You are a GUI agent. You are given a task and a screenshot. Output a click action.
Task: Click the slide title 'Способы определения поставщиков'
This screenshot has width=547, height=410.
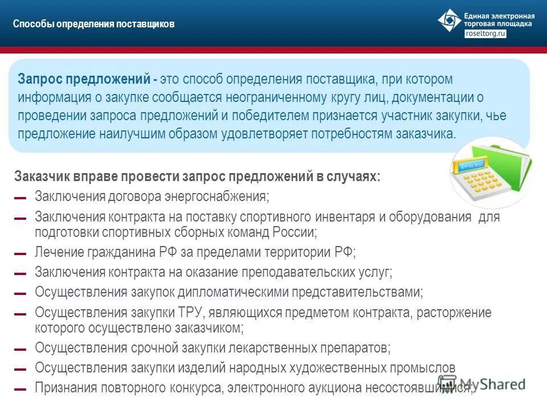[x=93, y=24]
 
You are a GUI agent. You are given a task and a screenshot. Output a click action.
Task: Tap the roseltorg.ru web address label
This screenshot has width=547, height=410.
[x=485, y=34]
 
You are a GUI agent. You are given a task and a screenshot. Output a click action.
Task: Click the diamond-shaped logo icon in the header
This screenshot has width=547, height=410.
[x=449, y=20]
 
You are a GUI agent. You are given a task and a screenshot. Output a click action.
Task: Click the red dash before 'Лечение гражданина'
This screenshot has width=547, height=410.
[x=20, y=254]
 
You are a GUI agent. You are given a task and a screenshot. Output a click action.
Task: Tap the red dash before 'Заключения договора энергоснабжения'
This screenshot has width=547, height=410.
[x=20, y=198]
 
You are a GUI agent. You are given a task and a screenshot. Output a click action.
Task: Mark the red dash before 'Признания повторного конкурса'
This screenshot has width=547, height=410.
[x=20, y=389]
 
